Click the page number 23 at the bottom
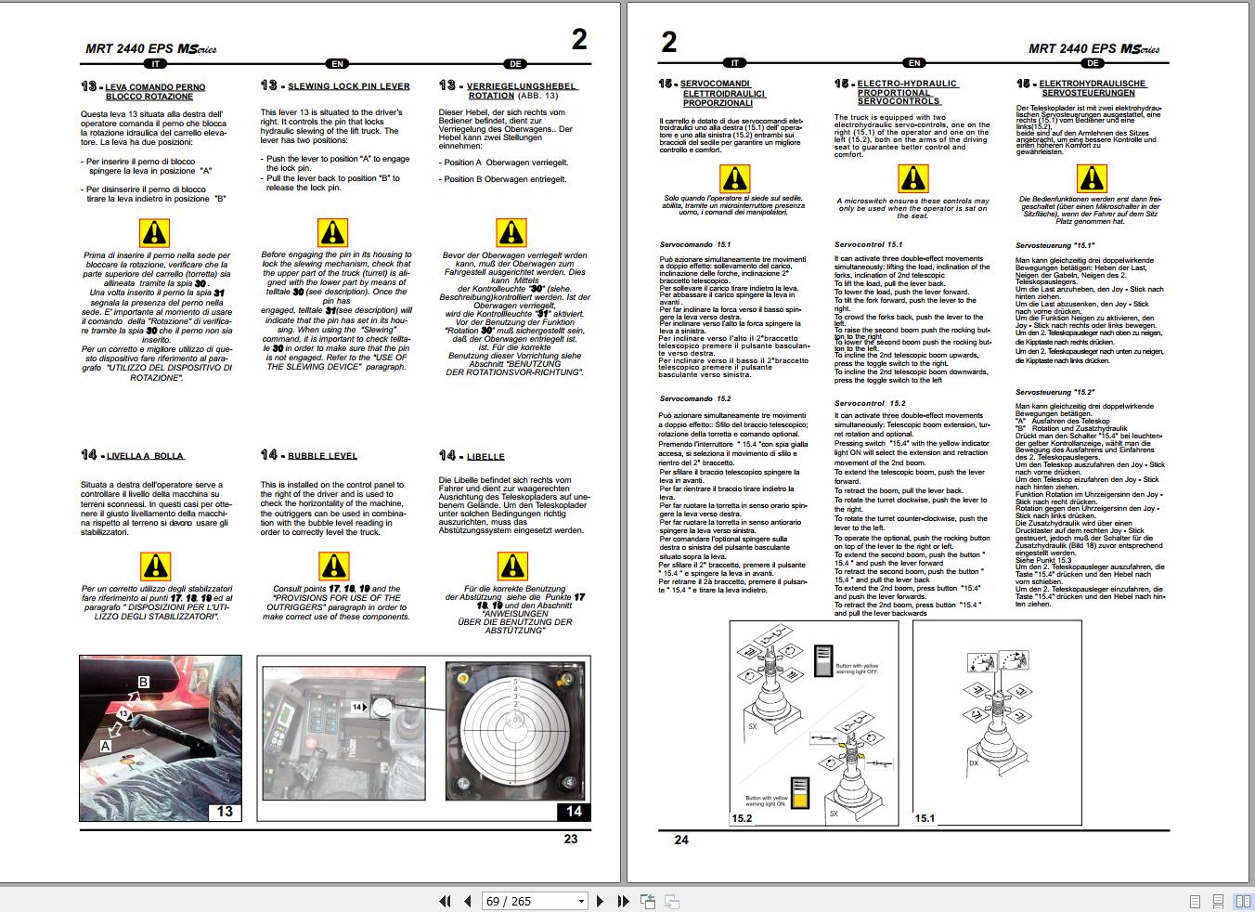[570, 839]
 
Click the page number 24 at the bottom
[681, 840]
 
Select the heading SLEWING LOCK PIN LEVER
[348, 86]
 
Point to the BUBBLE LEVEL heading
[322, 456]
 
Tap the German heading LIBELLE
[485, 457]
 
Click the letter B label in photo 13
[143, 682]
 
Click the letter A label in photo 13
[106, 745]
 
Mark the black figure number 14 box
[573, 812]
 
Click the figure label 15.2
[743, 818]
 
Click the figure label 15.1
[925, 818]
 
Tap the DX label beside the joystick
[974, 762]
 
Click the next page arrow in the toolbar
[600, 901]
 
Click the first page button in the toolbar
[445, 901]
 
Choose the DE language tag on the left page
[515, 64]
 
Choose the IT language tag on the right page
[734, 63]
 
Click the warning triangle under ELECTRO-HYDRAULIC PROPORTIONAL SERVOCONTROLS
[912, 178]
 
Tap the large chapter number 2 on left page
[579, 39]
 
